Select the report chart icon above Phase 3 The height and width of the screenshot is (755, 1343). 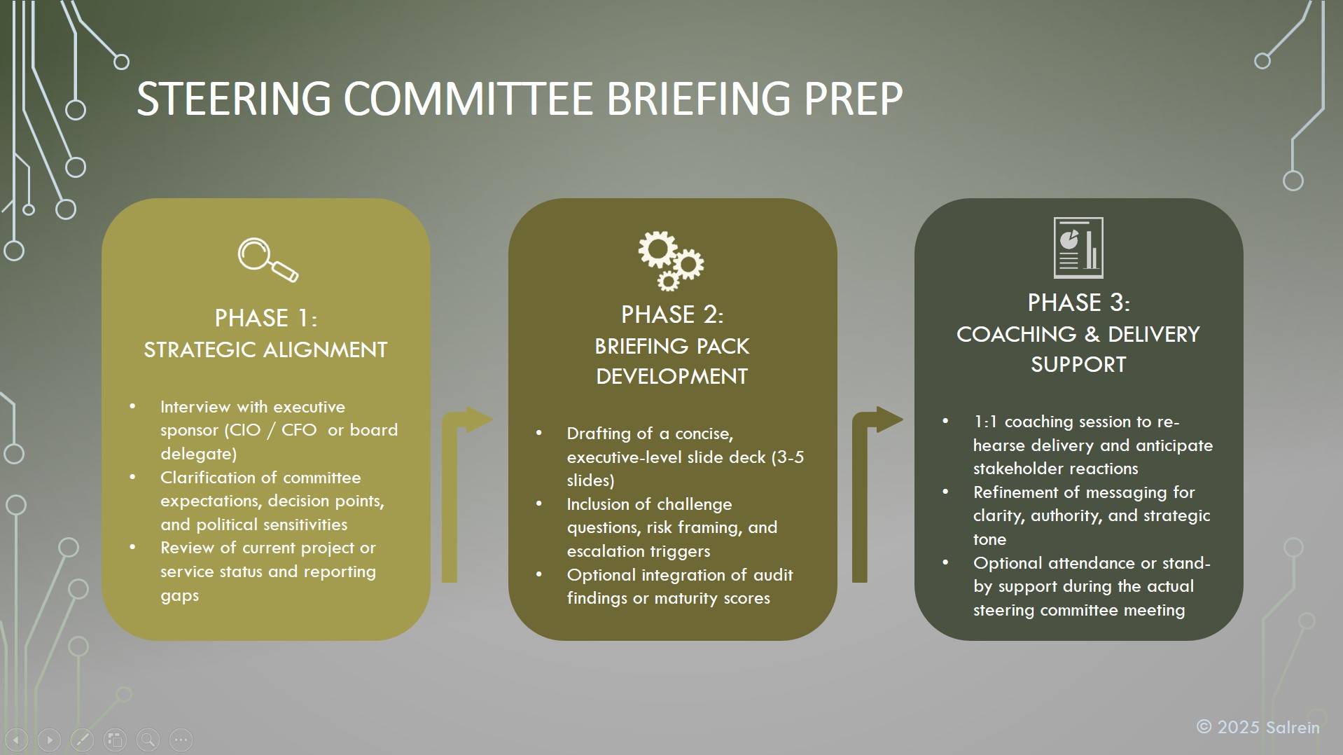1078,248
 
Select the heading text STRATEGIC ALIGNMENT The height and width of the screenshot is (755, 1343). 265,349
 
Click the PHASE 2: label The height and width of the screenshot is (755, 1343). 672,314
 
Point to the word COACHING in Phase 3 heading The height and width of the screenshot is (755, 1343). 1016,334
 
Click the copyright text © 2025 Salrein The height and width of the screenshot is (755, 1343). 1258,728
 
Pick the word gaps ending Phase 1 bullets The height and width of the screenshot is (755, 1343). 180,596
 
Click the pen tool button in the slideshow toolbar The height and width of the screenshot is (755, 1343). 82,740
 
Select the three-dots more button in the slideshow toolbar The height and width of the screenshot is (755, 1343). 181,740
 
